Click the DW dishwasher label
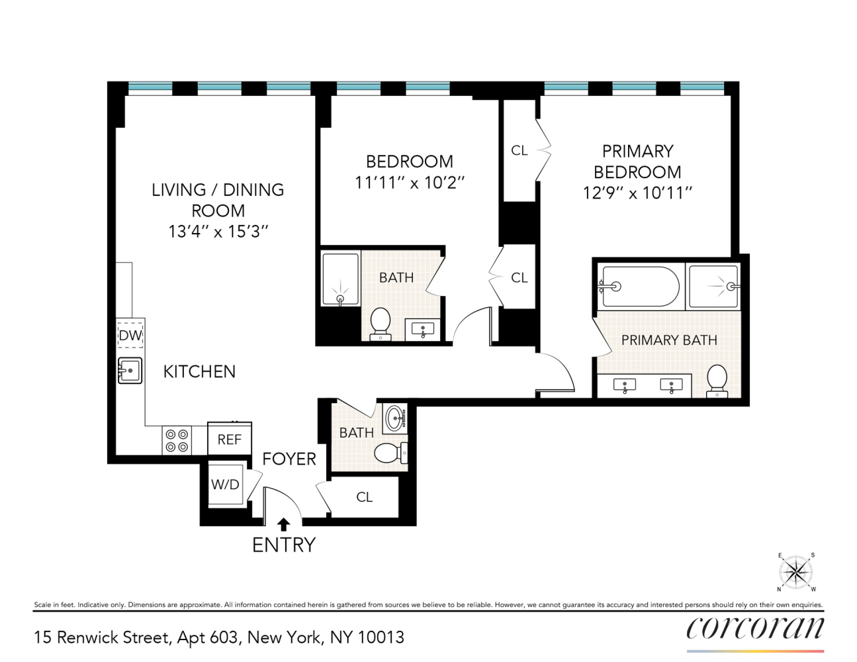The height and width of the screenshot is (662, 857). (x=130, y=335)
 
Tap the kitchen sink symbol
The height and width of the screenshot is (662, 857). (x=130, y=371)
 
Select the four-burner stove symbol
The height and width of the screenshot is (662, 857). (x=177, y=441)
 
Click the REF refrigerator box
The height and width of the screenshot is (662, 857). (x=230, y=439)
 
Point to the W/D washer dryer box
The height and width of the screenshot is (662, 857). (x=225, y=485)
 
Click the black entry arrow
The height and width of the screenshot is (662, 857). (x=283, y=524)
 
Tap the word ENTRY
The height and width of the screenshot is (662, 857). (x=284, y=545)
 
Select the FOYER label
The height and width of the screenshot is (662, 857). (x=289, y=459)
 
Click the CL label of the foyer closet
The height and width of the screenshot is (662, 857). (x=365, y=496)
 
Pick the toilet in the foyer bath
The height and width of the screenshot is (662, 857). (x=390, y=453)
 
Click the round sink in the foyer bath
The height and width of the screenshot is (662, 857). (x=396, y=418)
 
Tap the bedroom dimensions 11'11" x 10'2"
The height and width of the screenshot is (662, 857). (x=410, y=183)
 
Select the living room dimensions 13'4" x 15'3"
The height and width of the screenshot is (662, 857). (x=218, y=231)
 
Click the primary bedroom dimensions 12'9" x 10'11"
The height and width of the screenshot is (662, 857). (x=637, y=193)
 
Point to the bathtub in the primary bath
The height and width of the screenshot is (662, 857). (x=640, y=287)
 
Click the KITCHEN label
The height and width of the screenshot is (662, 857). (x=199, y=371)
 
